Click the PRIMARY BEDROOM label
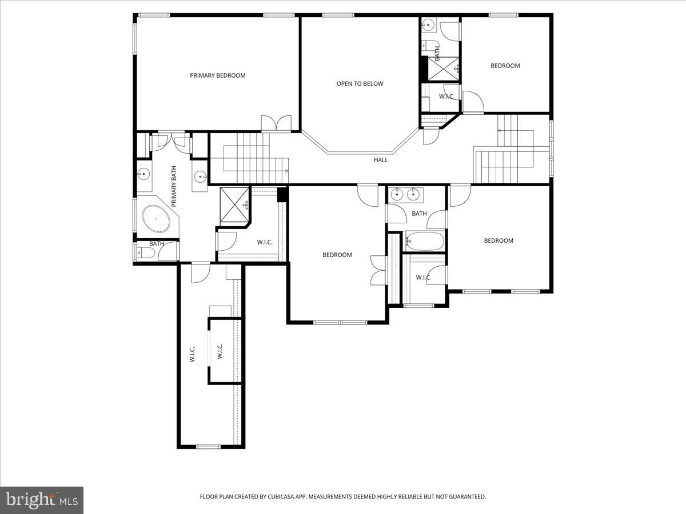pos(218,75)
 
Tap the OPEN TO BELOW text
pos(360,84)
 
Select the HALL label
pos(381,160)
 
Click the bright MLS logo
pos(42,500)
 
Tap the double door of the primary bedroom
pos(276,123)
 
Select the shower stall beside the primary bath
pos(235,204)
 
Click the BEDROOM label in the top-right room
pos(505,66)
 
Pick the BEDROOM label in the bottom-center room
pos(337,255)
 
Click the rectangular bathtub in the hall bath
pos(424,242)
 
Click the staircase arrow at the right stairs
pos(500,131)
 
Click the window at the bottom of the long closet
pos(209,446)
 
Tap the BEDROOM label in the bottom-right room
pos(498,241)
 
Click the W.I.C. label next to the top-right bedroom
pos(446,97)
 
